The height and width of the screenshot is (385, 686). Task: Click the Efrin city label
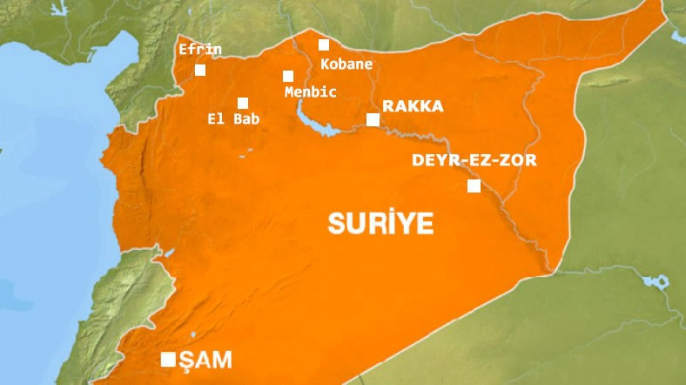point(199,50)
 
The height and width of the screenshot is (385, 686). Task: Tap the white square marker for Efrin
point(201,71)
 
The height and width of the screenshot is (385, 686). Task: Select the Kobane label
point(346,64)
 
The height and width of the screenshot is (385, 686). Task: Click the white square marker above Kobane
point(324,45)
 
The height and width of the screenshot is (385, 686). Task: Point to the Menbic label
point(310,91)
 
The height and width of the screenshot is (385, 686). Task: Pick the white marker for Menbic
point(288,77)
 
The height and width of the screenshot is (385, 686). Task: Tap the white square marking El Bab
point(243,103)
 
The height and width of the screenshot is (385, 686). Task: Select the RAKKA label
point(413,106)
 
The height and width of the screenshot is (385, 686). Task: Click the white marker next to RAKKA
point(373,119)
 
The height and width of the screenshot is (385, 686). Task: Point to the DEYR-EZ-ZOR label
point(474,160)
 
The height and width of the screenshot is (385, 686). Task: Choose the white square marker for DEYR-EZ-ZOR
point(474,186)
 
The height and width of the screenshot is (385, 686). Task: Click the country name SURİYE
point(380,224)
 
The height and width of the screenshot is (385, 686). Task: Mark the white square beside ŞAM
point(168,359)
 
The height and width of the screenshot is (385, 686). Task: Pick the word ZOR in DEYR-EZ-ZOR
point(519,160)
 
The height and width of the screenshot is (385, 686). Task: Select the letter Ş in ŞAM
point(186,359)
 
